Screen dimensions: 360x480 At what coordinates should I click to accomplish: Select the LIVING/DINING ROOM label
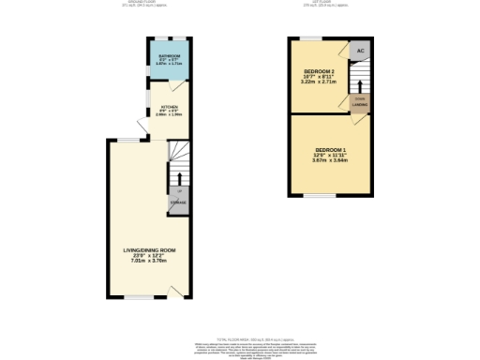(x=150, y=250)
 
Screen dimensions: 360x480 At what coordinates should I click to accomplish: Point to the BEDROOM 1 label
(x=330, y=150)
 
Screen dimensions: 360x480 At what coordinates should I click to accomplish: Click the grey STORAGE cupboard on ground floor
(x=177, y=202)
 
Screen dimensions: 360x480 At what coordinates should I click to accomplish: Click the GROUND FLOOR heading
(x=165, y=3)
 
